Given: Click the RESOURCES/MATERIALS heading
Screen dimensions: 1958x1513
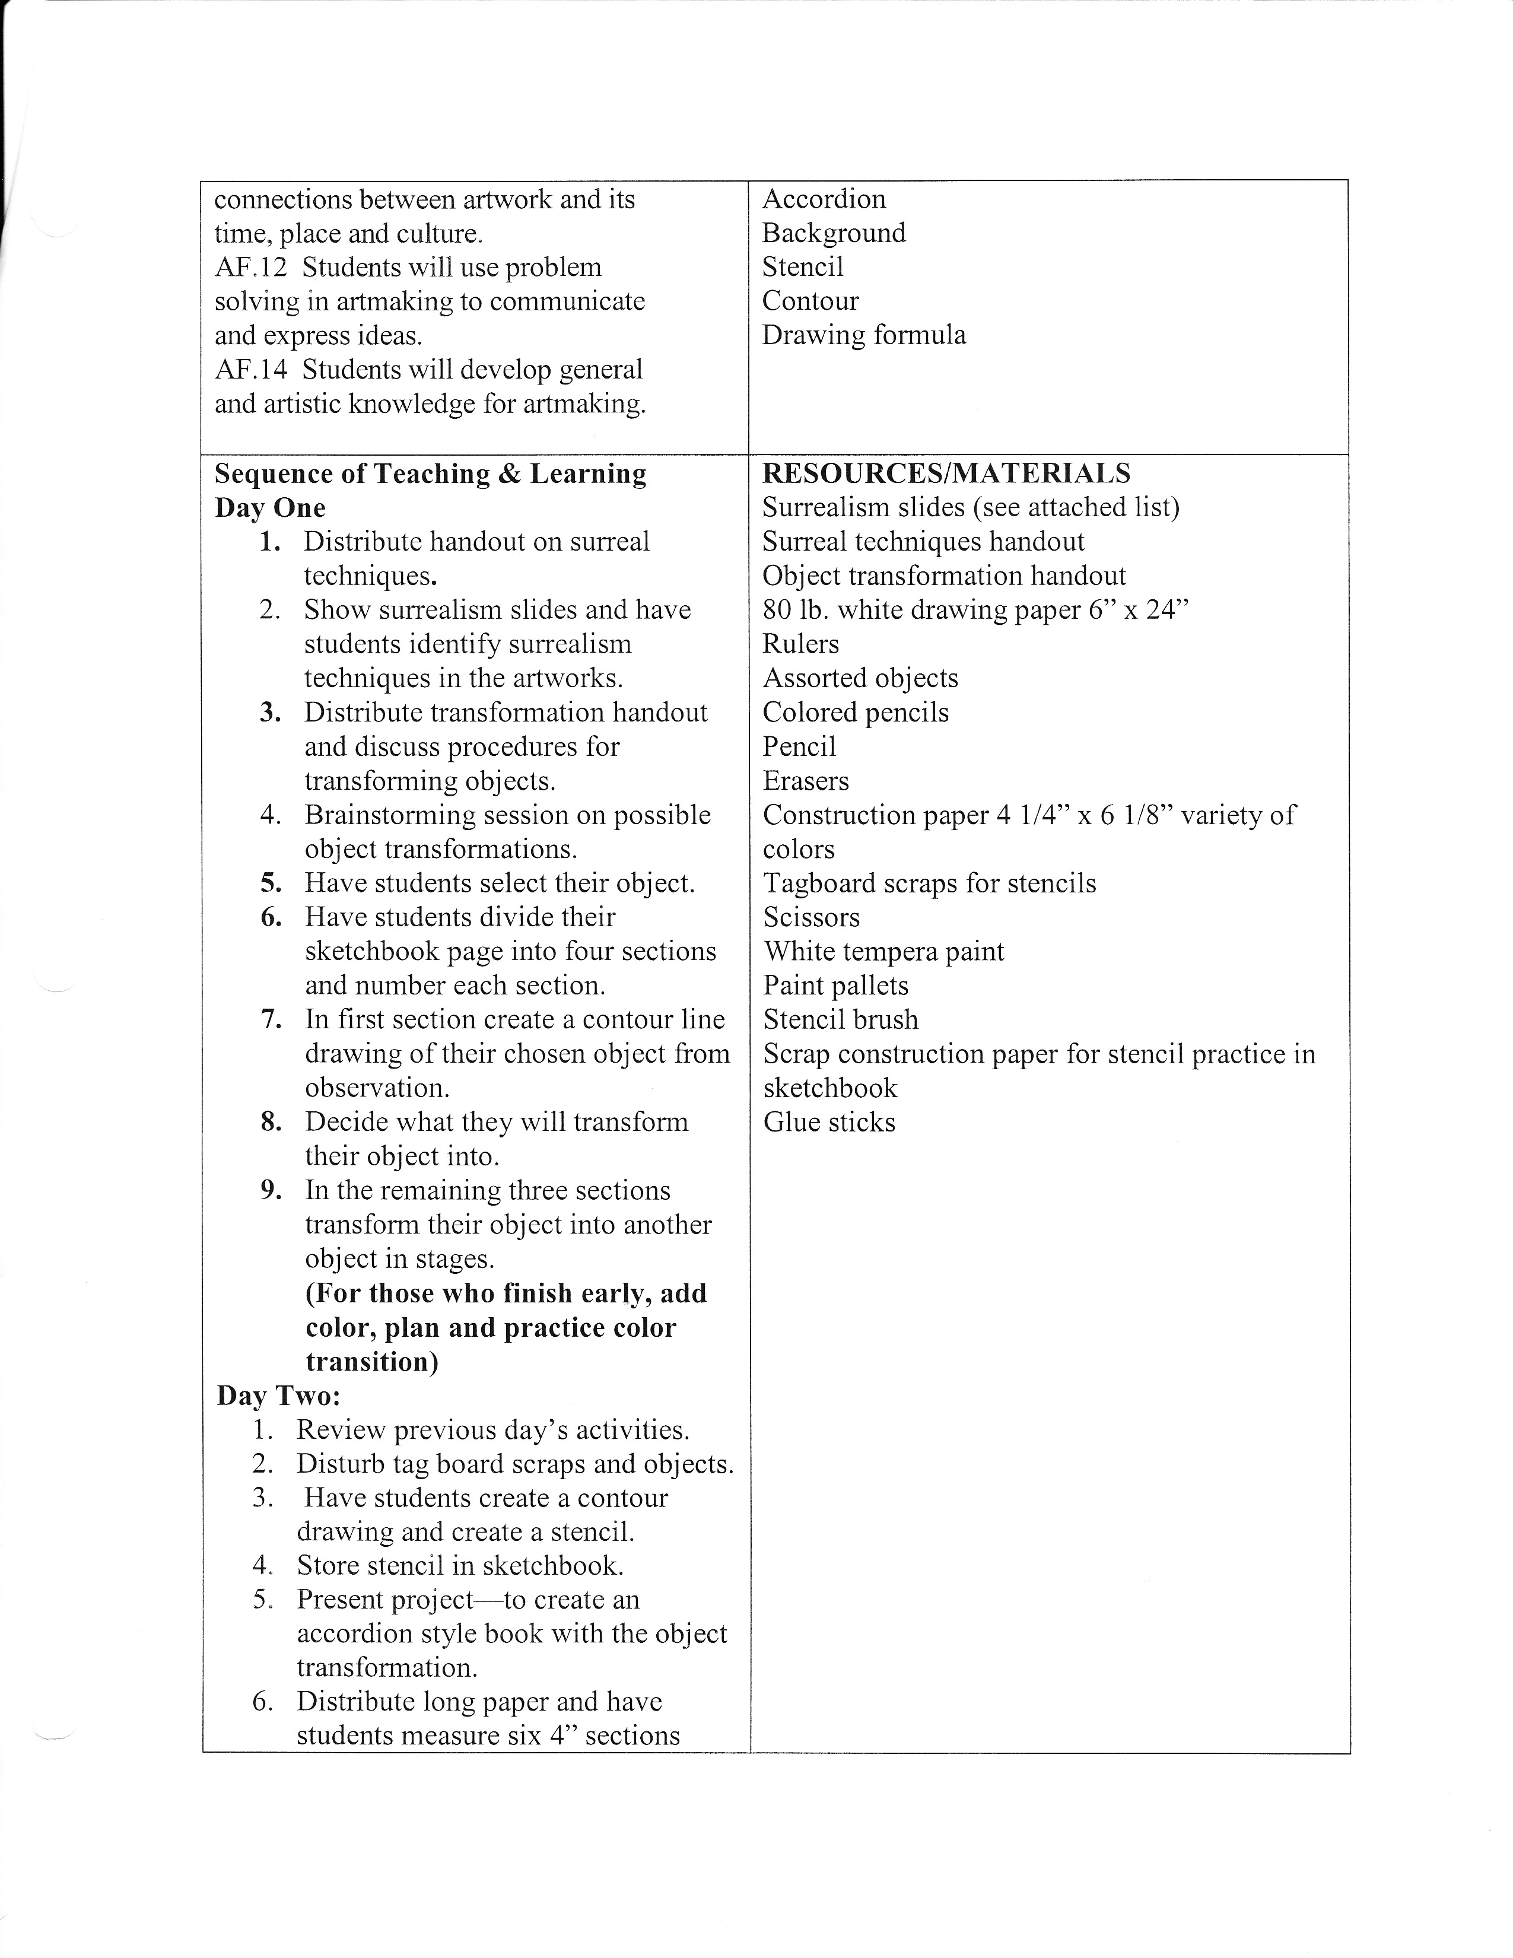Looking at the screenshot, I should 946,473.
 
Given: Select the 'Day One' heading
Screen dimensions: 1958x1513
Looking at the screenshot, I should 270,507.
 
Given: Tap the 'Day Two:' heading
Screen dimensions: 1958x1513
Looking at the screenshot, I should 278,1396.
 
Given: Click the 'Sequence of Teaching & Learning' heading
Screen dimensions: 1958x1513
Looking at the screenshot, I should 430,473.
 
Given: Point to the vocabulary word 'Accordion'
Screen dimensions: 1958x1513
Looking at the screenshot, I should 823,199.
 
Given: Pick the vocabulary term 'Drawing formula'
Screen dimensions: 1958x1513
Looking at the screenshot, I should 863,335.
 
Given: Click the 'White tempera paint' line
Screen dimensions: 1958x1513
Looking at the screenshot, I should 883,951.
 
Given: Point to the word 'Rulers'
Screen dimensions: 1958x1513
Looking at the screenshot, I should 800,644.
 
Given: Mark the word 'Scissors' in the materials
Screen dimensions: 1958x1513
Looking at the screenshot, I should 811,917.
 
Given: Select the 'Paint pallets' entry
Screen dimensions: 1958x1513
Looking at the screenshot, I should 835,986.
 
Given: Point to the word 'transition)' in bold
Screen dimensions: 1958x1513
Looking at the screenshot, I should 372,1362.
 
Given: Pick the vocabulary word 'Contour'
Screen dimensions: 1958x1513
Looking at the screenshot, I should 810,301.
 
